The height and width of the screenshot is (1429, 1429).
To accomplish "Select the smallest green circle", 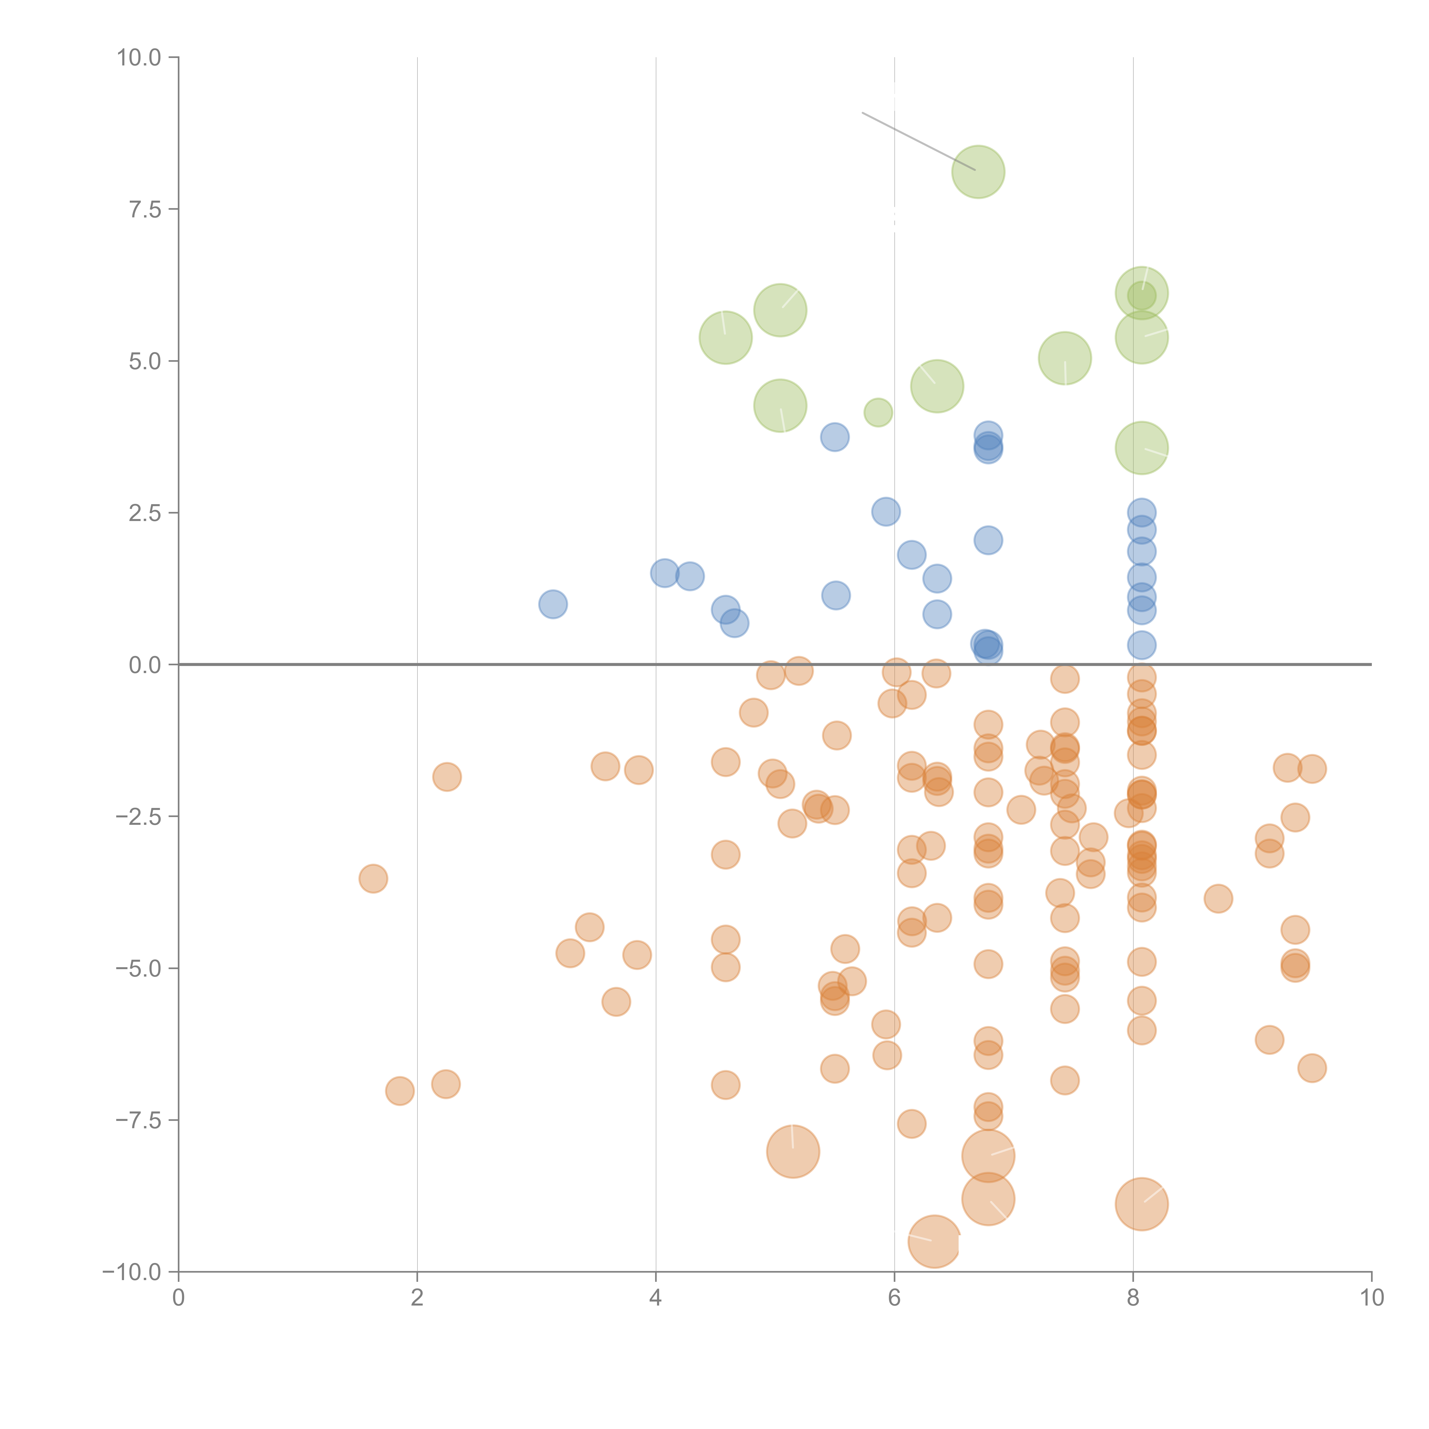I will click(x=878, y=412).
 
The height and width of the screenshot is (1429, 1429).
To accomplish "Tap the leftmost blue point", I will click(x=552, y=604).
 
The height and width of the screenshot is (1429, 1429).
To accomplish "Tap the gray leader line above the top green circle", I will click(x=917, y=141).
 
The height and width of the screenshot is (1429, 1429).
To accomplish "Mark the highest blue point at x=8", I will click(x=1141, y=512).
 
